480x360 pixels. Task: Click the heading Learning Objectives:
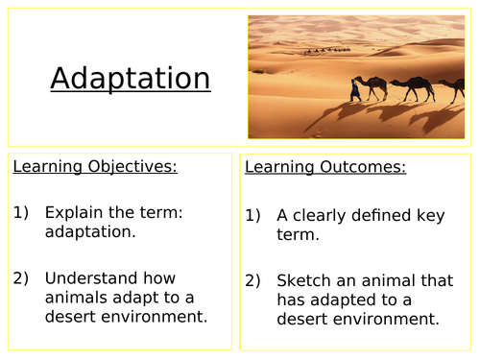tap(95, 167)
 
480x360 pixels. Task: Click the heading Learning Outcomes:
tap(325, 168)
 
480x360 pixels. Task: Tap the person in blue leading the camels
tap(357, 90)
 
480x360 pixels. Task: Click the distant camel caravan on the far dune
tap(326, 50)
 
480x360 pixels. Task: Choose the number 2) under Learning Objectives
tap(22, 278)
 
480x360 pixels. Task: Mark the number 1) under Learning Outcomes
tap(253, 216)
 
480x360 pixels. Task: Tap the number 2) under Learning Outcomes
tap(253, 281)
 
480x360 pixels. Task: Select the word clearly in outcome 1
tap(324, 216)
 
